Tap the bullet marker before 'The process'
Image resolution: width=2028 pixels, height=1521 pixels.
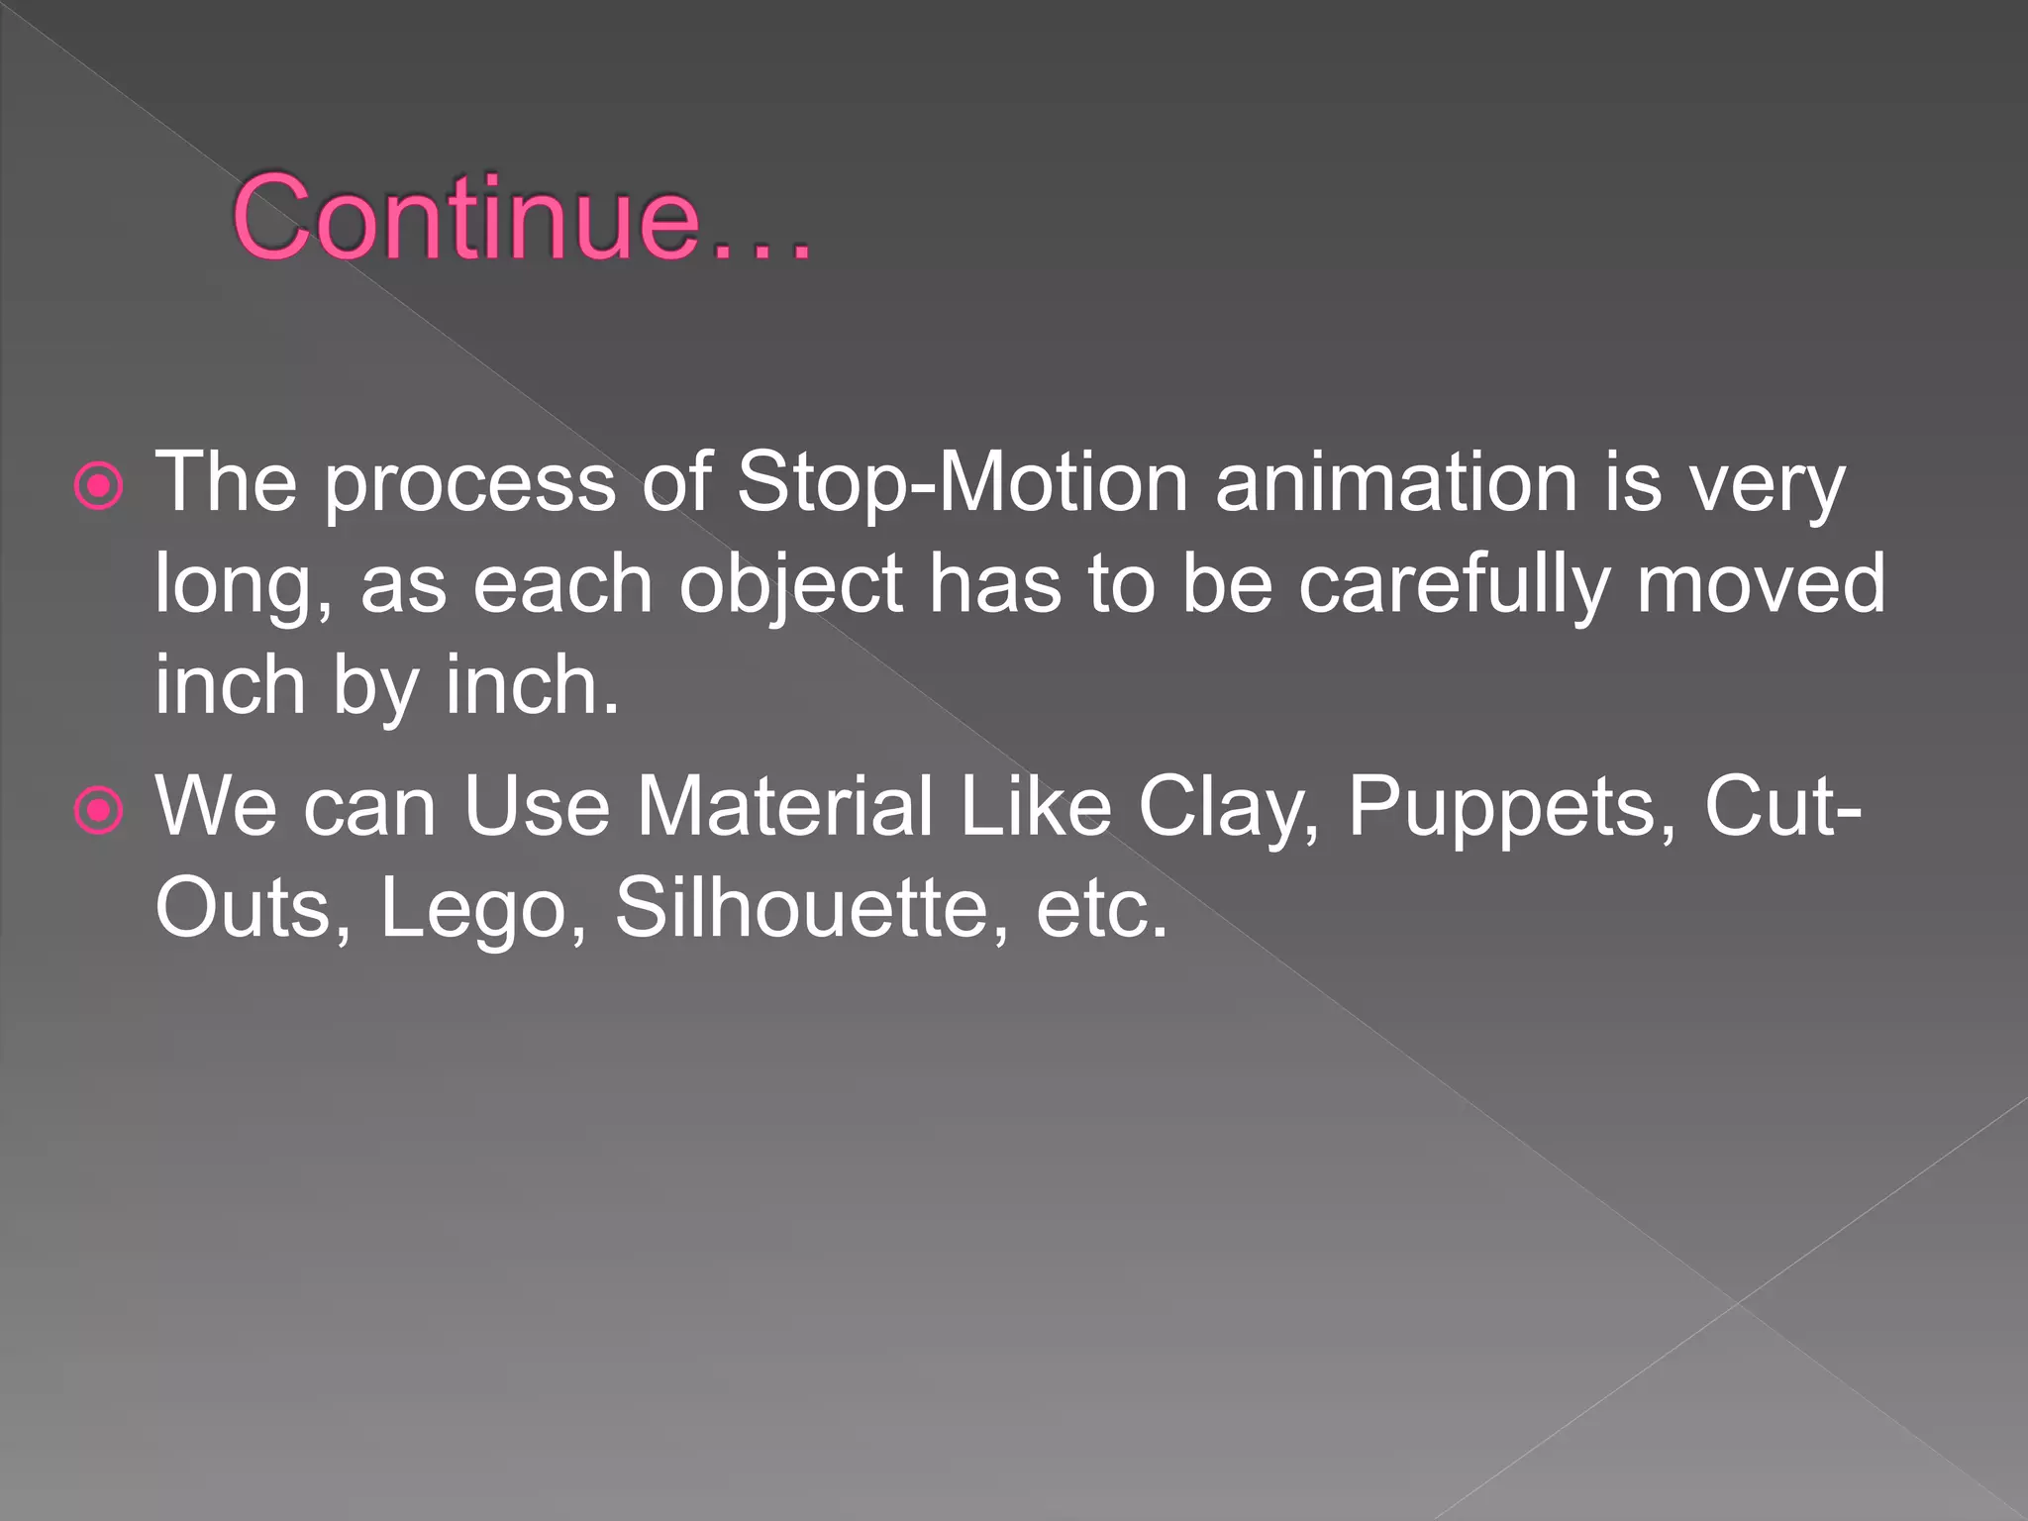(99, 487)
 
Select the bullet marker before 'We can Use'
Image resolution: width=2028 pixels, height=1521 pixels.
(99, 811)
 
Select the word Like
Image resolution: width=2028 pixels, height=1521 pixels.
(1036, 807)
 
